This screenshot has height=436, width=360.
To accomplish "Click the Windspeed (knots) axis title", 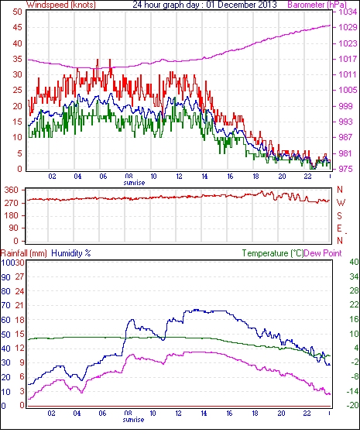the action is [x=61, y=5].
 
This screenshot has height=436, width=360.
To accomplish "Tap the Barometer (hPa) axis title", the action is [x=317, y=5].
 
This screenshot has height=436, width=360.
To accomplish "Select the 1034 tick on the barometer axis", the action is [x=348, y=12].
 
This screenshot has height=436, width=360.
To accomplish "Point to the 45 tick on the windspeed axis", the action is [x=17, y=28].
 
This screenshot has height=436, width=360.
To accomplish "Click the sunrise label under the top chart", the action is [x=134, y=183].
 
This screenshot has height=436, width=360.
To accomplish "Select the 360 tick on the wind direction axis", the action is [x=12, y=191].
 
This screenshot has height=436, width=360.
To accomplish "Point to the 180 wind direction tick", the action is [x=12, y=215].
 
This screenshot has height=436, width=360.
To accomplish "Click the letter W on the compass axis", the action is [x=341, y=203].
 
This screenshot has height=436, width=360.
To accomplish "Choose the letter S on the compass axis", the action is [x=339, y=215].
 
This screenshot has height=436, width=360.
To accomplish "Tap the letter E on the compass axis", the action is [x=339, y=228].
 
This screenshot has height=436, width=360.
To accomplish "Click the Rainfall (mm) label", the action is [x=24, y=253].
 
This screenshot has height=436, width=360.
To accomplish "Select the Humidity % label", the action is [x=71, y=253].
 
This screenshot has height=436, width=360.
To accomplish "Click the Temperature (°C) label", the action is [x=273, y=253].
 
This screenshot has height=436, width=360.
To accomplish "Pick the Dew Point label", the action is [x=323, y=253].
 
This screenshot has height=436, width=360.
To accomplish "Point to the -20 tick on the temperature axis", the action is [x=352, y=406].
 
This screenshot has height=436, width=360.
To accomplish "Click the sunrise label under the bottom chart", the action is [x=133, y=419].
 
